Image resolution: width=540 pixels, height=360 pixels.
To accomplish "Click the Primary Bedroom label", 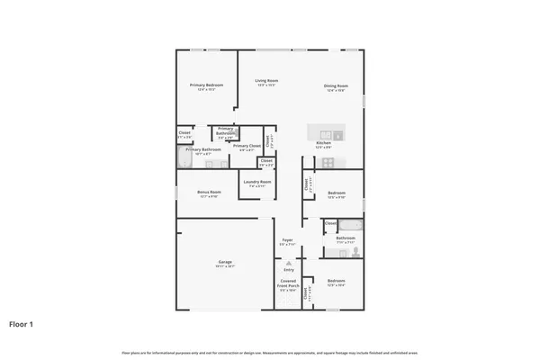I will [206, 85].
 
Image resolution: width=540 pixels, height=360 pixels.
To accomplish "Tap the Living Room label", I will [265, 81].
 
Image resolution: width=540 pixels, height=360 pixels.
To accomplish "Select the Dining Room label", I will [337, 86].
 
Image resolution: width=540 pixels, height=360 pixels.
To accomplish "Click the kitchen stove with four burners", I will [328, 163].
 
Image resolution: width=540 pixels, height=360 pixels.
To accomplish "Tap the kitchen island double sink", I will [323, 130].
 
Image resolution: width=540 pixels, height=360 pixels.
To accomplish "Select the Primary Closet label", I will [247, 146].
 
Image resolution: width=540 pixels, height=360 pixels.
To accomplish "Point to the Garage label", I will [224, 262].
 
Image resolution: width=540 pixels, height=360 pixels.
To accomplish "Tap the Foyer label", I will [287, 240].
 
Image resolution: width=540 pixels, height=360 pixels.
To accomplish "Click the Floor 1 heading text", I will [22, 323].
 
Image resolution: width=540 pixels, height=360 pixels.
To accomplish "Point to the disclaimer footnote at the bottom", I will [270, 353].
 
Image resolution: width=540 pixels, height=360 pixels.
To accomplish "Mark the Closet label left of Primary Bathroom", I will [184, 133].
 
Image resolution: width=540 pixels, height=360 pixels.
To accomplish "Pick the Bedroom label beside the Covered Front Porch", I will [336, 281].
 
